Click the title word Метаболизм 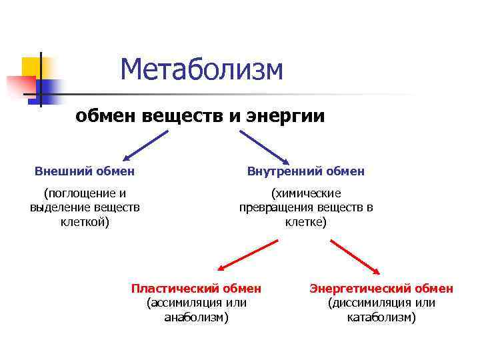coord(202,70)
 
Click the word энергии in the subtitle coord(286,116)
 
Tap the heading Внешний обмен coord(85,171)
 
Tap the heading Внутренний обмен coord(306,171)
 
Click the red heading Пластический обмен coord(196,289)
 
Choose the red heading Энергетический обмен coord(381,289)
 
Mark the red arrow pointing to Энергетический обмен coord(355,256)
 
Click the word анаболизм coord(196,317)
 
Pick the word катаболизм coord(381,317)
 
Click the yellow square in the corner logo coord(31,67)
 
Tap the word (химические coord(306,193)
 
